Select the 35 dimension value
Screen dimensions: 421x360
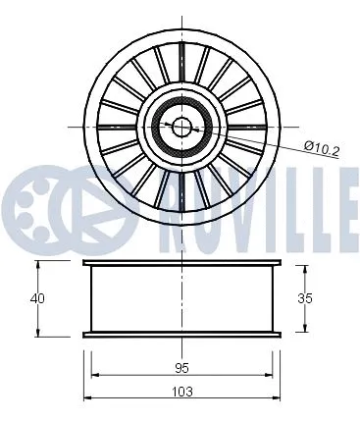tap(306, 296)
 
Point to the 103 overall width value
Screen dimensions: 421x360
tap(181, 390)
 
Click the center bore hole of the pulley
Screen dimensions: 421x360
tap(181, 126)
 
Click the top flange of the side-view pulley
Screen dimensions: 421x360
tap(181, 265)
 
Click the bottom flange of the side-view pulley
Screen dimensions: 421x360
tap(181, 333)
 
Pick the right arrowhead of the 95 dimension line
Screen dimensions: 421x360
tap(269, 376)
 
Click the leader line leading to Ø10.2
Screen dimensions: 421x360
tap(255, 140)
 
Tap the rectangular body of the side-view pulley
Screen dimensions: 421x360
tap(181, 298)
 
